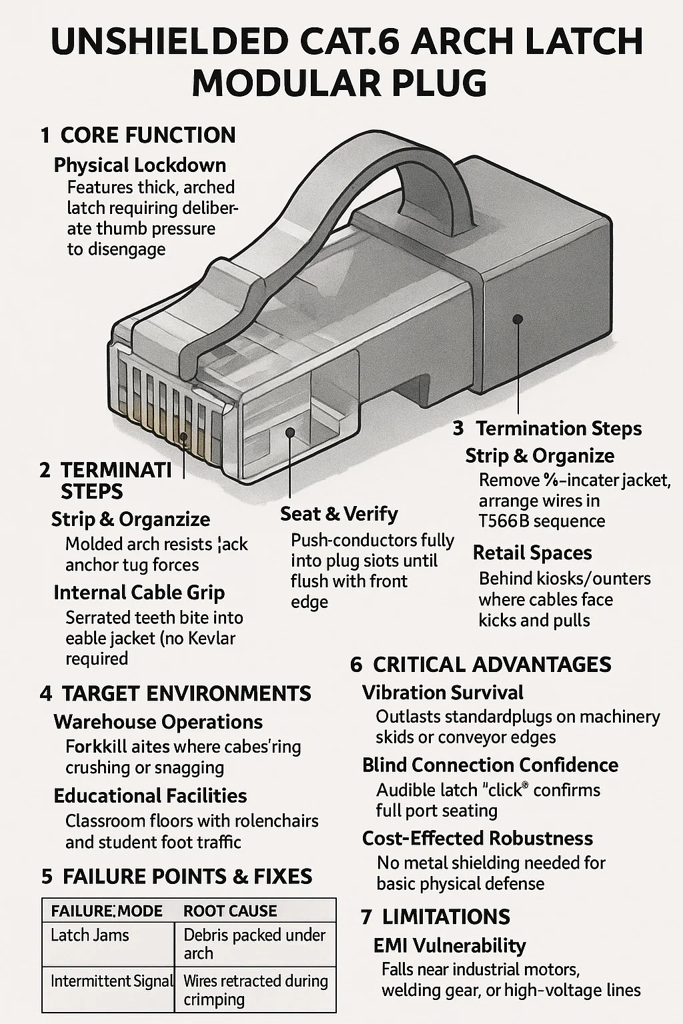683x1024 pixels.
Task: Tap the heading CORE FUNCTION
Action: pos(148,135)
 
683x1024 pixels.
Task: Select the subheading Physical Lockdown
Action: pos(140,165)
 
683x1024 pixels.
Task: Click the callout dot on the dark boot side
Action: pos(518,319)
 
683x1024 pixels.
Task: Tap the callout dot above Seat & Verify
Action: pos(289,432)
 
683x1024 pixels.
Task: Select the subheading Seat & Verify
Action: pos(339,514)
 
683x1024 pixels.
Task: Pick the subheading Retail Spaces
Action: pos(532,553)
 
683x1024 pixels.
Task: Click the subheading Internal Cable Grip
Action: pos(139,593)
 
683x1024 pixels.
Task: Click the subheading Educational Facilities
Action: pos(150,796)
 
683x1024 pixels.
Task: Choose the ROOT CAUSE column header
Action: pos(230,911)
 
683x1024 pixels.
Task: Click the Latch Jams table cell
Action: pos(89,935)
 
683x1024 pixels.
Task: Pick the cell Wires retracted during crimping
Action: pos(255,990)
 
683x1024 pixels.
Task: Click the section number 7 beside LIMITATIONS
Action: pos(366,917)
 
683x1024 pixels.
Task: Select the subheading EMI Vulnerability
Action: pos(450,946)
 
